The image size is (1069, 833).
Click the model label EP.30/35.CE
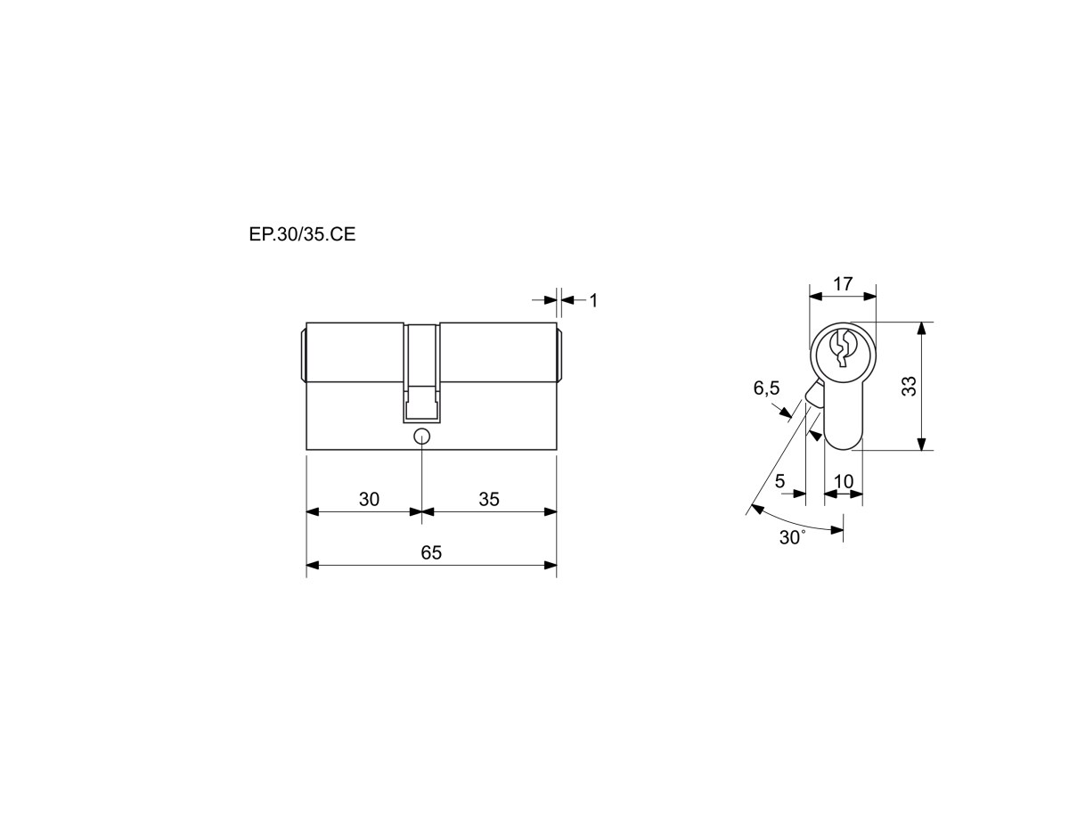point(302,234)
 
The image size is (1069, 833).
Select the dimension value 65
point(431,552)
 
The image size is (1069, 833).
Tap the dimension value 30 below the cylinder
point(369,500)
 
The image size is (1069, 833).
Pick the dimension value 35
point(489,500)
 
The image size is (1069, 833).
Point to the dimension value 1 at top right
point(593,300)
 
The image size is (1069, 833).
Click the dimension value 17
point(843,284)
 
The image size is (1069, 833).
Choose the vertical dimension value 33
point(910,387)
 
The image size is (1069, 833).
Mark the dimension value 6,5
point(766,388)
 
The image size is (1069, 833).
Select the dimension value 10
point(844,481)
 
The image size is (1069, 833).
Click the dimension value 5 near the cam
point(779,481)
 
